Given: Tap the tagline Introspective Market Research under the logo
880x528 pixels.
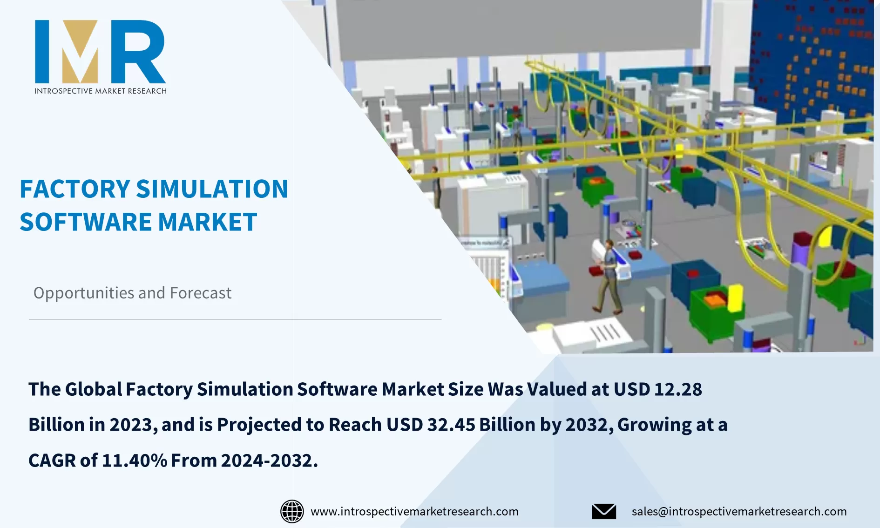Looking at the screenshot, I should [100, 91].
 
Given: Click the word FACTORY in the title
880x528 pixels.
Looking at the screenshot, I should [74, 189].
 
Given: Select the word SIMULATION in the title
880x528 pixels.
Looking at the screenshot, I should [212, 189].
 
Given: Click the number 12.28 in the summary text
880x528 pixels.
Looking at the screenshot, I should [678, 389].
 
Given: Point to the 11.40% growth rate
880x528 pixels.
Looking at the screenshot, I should [134, 460].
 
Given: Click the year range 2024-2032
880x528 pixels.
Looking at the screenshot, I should [269, 460].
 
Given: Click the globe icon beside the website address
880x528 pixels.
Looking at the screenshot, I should [292, 511].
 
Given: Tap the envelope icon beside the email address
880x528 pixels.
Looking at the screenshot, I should [604, 511].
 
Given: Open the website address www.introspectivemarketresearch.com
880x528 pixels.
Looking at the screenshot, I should [414, 511].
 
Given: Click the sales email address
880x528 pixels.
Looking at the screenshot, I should [739, 511].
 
